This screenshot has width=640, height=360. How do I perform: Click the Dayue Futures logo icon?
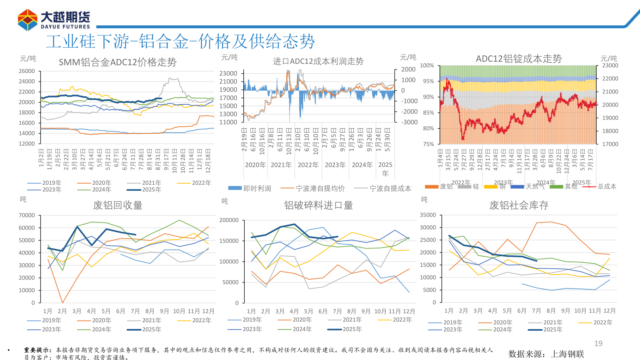(x=28, y=20)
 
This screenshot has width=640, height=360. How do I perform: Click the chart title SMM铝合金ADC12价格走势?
(x=117, y=62)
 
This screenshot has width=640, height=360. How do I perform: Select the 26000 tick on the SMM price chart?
(x=27, y=71)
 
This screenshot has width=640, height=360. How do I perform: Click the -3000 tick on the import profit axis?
(x=409, y=122)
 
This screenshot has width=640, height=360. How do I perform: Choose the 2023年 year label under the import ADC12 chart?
(x=335, y=165)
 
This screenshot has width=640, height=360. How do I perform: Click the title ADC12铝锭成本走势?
(x=519, y=59)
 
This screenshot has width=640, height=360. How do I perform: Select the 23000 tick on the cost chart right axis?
(x=610, y=66)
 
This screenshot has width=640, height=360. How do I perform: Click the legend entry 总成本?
(x=607, y=187)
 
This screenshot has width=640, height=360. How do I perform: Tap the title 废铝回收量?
(x=118, y=205)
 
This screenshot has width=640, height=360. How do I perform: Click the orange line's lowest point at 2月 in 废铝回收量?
(x=62, y=303)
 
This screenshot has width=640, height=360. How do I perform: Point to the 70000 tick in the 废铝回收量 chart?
(x=27, y=215)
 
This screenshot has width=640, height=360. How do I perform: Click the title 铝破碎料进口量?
(x=318, y=205)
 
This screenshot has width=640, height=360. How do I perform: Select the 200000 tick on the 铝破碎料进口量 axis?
(x=229, y=220)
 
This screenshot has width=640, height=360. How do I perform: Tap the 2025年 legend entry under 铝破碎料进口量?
(x=352, y=329)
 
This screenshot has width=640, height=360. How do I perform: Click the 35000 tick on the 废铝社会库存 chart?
(x=428, y=215)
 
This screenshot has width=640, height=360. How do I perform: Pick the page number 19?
(x=598, y=343)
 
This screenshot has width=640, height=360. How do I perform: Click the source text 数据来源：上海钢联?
(x=546, y=354)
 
